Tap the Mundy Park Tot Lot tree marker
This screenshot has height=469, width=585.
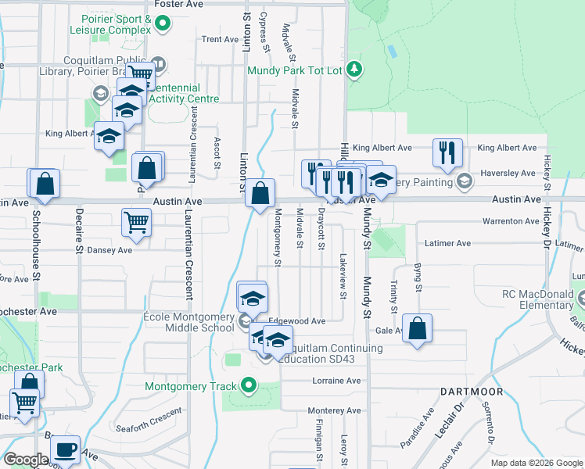click(x=355, y=70)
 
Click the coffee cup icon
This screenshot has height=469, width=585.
click(x=65, y=449)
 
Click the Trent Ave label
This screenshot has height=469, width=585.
click(x=220, y=39)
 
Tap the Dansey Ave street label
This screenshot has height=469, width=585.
click(x=109, y=250)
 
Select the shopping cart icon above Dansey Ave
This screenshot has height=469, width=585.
click(x=137, y=222)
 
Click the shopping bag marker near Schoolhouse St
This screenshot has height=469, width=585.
click(x=46, y=184)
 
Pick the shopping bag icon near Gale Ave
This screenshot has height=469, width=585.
click(x=418, y=329)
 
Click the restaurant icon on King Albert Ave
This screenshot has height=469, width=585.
click(x=447, y=152)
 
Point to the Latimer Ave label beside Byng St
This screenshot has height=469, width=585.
click(x=447, y=243)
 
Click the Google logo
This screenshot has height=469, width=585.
click(x=25, y=460)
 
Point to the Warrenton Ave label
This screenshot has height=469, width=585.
click(x=511, y=221)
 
